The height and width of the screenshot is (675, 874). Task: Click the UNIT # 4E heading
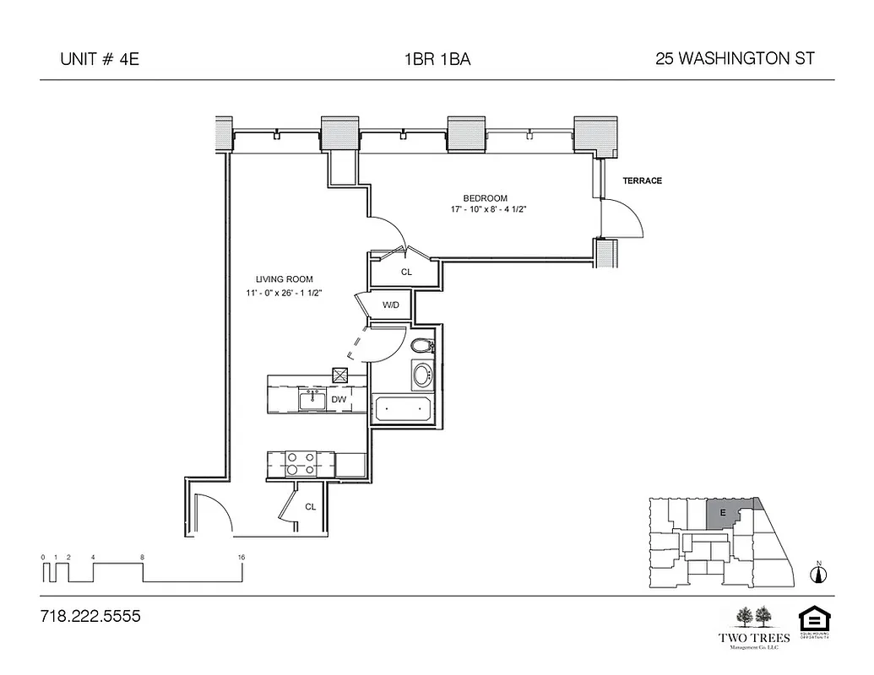coord(93,59)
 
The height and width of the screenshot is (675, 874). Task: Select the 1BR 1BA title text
coord(437,59)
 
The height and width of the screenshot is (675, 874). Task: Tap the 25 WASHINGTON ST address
coord(735,59)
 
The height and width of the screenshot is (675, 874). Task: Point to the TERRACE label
coord(642,181)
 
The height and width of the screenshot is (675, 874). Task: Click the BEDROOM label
coord(485,198)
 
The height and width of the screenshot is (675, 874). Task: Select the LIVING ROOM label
coord(285,279)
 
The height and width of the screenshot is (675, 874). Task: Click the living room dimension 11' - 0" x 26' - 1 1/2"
coord(285,292)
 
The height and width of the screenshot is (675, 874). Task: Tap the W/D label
coord(390,305)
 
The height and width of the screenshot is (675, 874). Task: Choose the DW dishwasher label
coord(339,399)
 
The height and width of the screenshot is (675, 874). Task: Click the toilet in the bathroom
coord(421,346)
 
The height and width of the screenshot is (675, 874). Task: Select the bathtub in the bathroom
coord(402,410)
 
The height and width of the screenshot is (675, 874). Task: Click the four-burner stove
coord(301,463)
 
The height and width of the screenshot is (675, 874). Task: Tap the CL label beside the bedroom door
coord(406,272)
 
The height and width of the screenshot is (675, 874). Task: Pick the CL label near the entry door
coord(310,507)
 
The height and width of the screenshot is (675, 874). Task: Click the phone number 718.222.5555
coord(90,617)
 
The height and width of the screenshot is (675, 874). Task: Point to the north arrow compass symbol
coord(817,575)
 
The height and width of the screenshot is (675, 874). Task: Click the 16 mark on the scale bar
coord(242,558)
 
